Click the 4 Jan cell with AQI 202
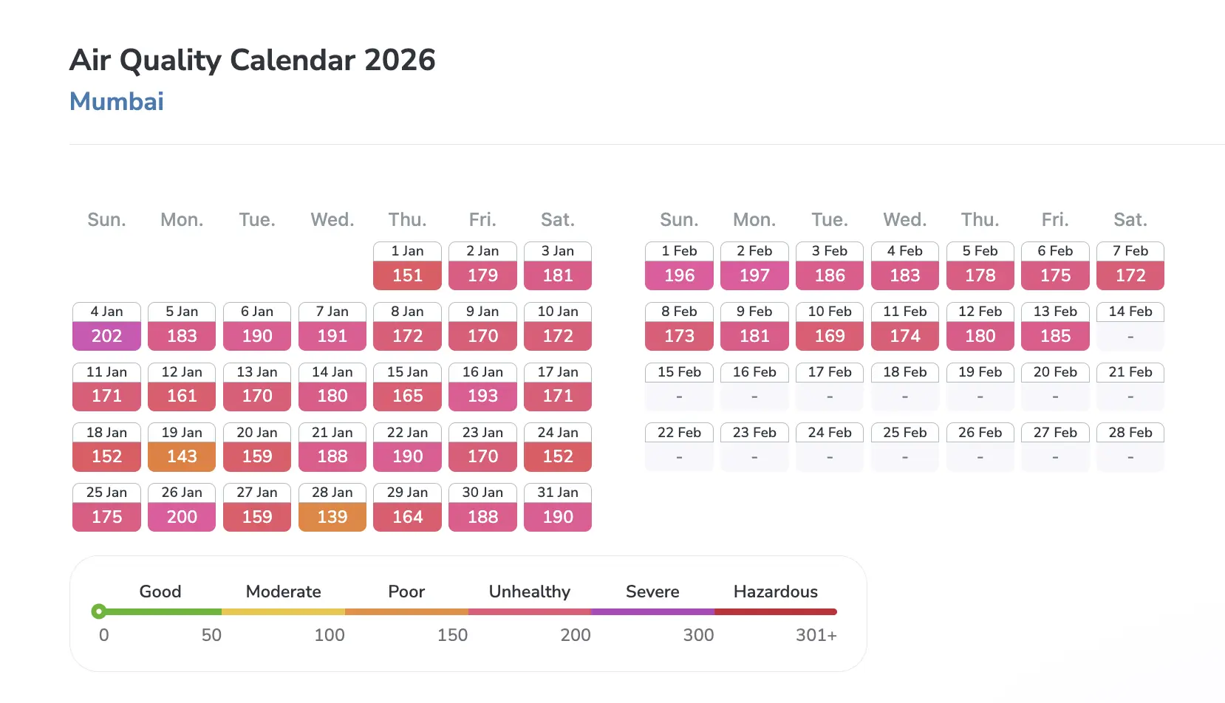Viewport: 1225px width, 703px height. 106,336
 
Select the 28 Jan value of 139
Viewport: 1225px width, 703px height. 332,517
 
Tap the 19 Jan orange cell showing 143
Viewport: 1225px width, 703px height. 182,456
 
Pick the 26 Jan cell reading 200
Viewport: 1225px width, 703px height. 182,517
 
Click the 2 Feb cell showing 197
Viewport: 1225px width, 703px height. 754,275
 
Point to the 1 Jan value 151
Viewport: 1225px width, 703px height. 407,275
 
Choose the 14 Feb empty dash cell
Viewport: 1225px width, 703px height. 1130,337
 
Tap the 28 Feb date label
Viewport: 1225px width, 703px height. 1130,433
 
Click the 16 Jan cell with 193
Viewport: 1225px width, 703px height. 482,396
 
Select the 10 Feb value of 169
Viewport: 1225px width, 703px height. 830,336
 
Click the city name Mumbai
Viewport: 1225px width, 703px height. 117,101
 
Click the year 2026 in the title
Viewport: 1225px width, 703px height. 400,60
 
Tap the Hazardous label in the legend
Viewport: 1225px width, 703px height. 775,591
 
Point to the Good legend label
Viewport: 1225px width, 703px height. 160,591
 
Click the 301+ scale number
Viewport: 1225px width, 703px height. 816,635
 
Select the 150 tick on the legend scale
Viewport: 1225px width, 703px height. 452,635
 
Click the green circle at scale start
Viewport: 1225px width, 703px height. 98,611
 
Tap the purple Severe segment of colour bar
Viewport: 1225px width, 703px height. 652,611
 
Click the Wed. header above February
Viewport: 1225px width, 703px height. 904,220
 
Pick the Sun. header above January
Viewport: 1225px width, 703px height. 106,220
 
